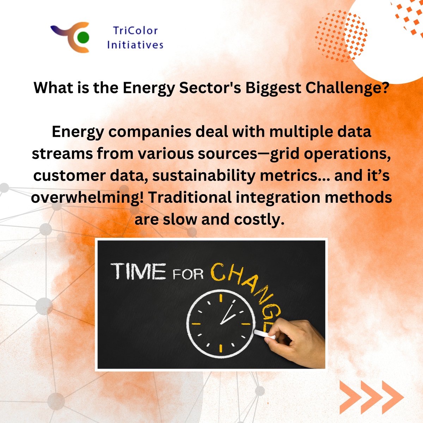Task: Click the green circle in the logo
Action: point(83,37)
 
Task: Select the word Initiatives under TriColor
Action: point(135,45)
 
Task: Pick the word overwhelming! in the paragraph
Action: point(87,197)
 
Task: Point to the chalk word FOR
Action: point(189,274)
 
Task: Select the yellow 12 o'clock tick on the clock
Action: point(221,298)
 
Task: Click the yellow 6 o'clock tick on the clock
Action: point(221,348)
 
